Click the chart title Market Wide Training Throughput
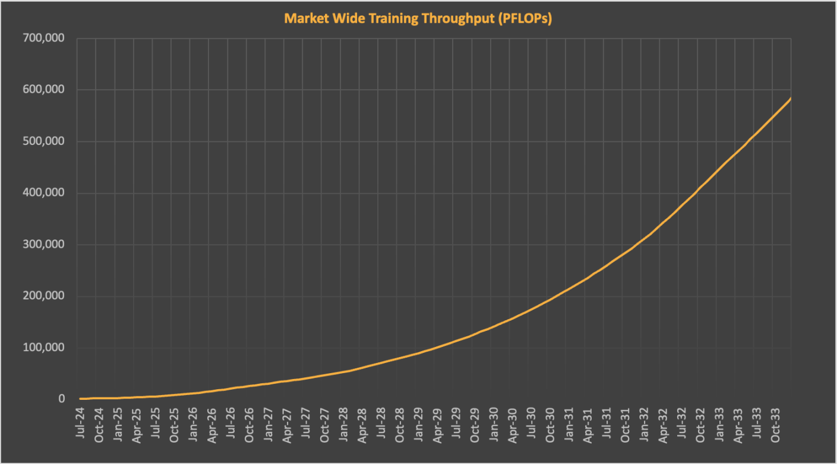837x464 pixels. click(x=418, y=18)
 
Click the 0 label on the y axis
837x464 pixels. click(x=61, y=399)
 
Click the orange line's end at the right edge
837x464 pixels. click(x=790, y=99)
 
